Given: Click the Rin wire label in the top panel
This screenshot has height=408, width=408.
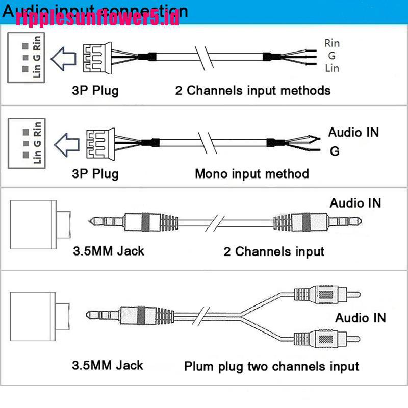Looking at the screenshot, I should pyautogui.click(x=331, y=43).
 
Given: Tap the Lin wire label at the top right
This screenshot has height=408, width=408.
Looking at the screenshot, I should pyautogui.click(x=331, y=68).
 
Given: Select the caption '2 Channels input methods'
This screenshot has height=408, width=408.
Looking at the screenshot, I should pyautogui.click(x=253, y=91).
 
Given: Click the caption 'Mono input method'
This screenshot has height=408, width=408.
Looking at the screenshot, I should pyautogui.click(x=252, y=173).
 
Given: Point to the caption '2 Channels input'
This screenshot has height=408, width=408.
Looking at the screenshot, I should pyautogui.click(x=274, y=251).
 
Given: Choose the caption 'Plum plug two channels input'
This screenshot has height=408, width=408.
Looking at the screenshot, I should pyautogui.click(x=271, y=366).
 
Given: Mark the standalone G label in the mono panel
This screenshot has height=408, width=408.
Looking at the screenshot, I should pyautogui.click(x=335, y=151).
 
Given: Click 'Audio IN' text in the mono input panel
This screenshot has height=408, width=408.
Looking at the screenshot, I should pyautogui.click(x=353, y=133).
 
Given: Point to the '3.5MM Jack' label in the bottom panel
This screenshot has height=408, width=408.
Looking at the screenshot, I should pyautogui.click(x=108, y=365).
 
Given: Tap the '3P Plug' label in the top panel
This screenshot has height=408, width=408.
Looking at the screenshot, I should pyautogui.click(x=95, y=91).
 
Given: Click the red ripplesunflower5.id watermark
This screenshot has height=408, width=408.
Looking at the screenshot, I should pyautogui.click(x=97, y=19).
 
